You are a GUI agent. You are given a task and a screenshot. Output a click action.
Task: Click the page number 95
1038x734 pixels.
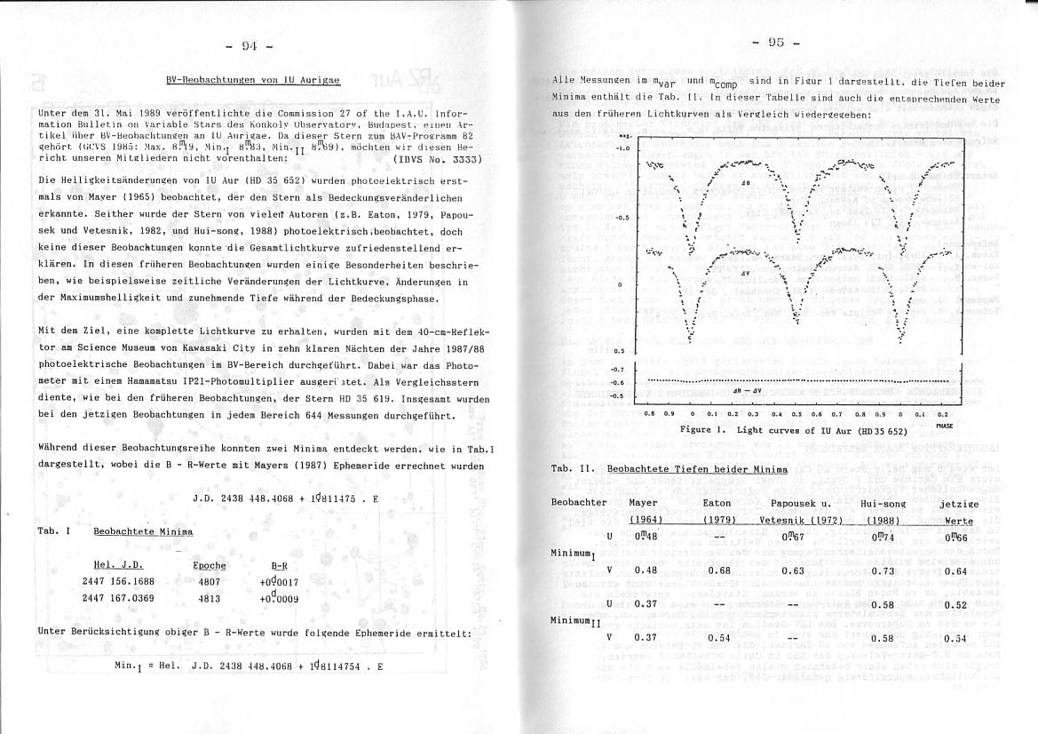tap(776, 42)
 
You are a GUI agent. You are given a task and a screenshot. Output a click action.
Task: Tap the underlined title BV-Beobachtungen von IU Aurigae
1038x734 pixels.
tap(253, 80)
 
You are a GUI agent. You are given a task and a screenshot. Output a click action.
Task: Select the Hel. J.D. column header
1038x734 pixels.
tap(118, 565)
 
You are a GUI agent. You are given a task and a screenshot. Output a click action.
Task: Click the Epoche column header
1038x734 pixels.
tap(210, 565)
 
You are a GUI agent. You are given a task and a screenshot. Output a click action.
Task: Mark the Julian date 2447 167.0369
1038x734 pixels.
tap(118, 598)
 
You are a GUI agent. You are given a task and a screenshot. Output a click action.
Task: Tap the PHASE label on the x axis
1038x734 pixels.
tap(943, 425)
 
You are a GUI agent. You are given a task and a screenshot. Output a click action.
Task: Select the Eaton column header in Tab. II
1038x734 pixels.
tap(716, 503)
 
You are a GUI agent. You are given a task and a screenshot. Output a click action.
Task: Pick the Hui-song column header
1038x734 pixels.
tap(883, 503)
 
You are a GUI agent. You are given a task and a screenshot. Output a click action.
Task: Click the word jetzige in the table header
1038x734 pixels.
tap(958, 503)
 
